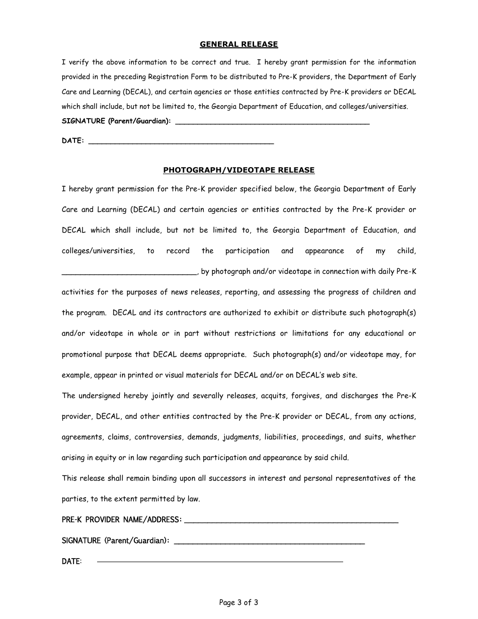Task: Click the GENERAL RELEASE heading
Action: coord(238,44)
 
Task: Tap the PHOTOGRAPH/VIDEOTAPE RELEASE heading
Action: coord(238,170)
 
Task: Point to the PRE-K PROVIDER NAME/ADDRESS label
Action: coord(122,520)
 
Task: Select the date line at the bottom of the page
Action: coord(220,561)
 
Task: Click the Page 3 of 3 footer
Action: coord(238,602)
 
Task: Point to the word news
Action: coord(179,292)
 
